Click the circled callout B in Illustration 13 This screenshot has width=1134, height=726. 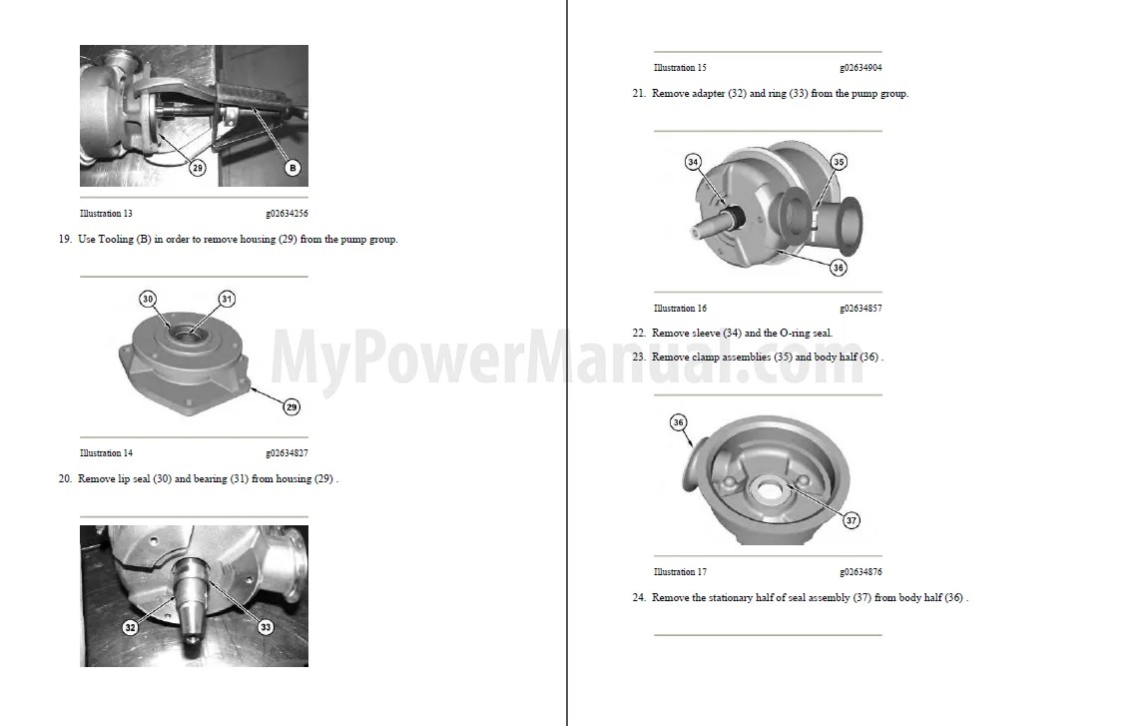[x=292, y=168]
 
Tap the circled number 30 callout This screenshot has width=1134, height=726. [x=148, y=299]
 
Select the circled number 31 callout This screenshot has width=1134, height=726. [x=227, y=299]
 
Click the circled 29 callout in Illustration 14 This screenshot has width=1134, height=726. [x=291, y=406]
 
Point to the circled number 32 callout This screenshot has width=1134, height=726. [x=131, y=627]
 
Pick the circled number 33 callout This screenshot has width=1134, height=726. [x=266, y=627]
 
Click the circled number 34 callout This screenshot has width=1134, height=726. [x=694, y=162]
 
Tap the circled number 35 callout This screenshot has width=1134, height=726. [x=839, y=162]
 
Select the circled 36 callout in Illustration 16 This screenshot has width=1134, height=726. [x=839, y=268]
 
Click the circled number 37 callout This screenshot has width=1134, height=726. [x=850, y=520]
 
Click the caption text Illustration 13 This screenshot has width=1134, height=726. [x=106, y=214]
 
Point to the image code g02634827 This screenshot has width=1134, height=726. [x=286, y=453]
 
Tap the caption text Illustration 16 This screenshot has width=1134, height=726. [x=680, y=309]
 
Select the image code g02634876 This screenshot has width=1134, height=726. [x=860, y=572]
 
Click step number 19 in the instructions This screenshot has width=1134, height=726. [x=65, y=240]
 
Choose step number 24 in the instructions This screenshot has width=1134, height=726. [x=639, y=598]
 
